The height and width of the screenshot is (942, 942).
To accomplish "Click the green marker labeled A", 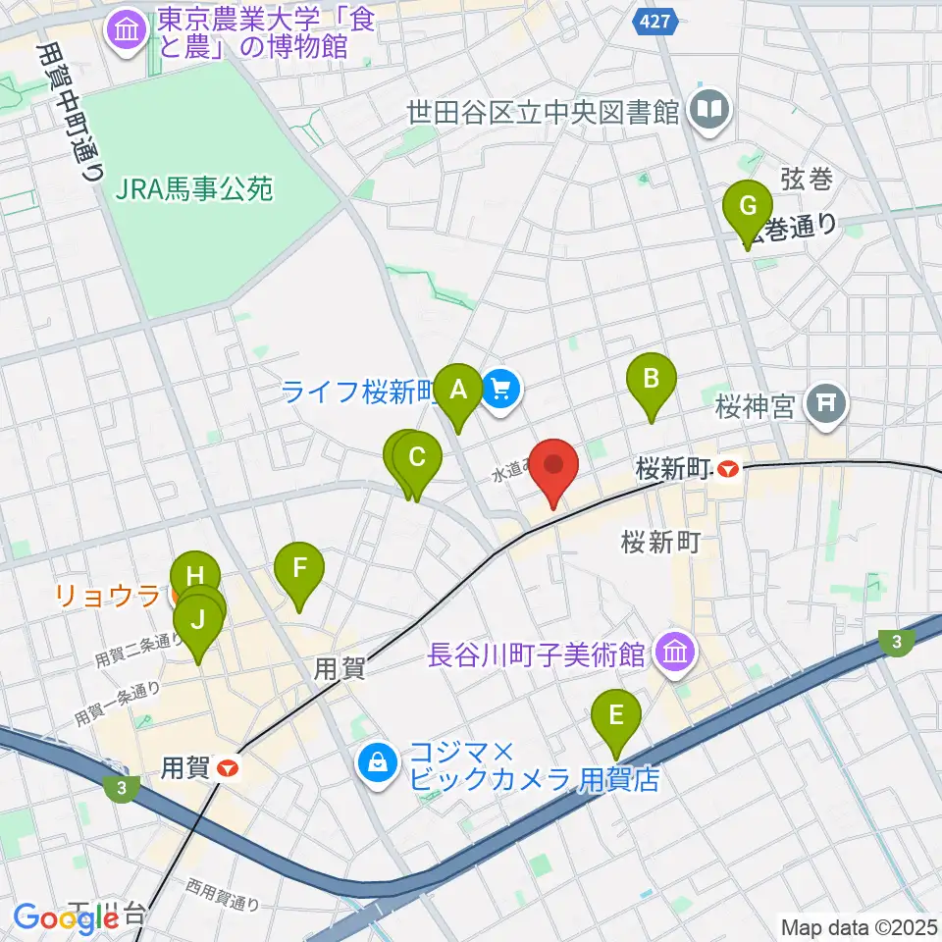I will [x=457, y=390].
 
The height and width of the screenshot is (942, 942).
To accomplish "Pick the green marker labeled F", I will [x=299, y=568].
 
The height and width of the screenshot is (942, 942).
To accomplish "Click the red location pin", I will [x=553, y=466].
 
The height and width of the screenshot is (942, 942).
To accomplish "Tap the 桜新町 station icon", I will [x=727, y=470].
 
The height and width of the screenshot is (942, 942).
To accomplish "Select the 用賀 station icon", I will [x=227, y=768].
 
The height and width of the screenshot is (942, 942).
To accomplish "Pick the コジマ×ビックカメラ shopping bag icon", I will [x=376, y=759].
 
